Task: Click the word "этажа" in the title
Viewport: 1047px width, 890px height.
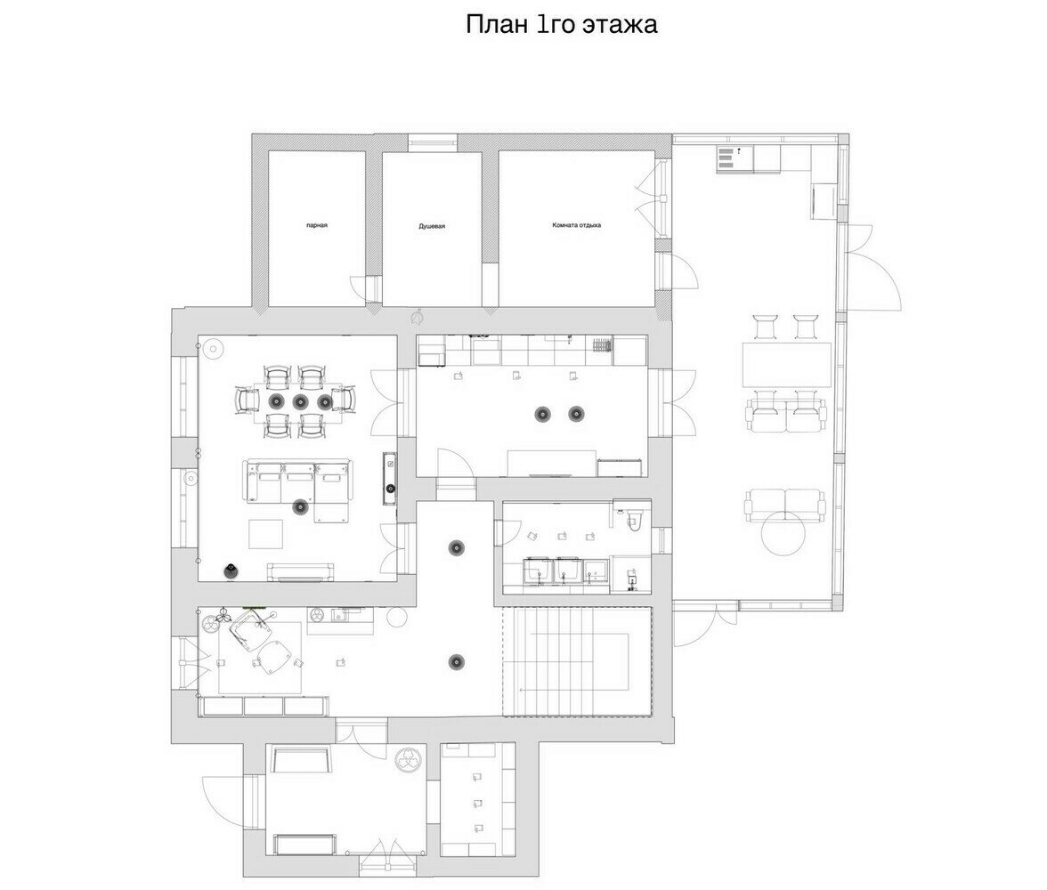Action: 620,25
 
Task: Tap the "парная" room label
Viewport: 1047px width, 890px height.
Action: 317,226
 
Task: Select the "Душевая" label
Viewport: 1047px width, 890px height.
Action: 432,226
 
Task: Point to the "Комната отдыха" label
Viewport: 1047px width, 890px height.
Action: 576,225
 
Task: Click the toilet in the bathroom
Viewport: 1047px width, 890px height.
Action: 634,521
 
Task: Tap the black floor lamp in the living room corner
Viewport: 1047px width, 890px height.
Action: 231,570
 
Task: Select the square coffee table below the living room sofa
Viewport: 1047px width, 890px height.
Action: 266,534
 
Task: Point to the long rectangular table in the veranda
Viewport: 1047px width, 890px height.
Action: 787,365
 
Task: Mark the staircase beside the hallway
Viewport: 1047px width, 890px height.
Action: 577,661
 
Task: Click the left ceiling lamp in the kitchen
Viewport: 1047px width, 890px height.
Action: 543,414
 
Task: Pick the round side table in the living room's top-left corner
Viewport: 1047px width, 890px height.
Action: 213,349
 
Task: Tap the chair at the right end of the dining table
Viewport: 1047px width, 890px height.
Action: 345,400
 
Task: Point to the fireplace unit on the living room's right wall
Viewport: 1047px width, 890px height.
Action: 390,478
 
